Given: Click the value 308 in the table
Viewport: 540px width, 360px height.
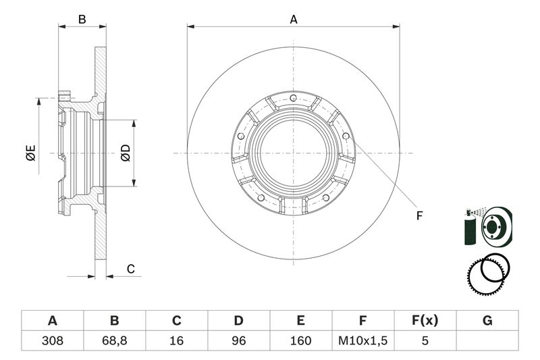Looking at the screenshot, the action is (x=53, y=340).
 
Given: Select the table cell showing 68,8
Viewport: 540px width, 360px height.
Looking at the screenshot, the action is (x=114, y=340).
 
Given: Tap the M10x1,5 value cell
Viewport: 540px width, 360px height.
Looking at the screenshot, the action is (x=363, y=340).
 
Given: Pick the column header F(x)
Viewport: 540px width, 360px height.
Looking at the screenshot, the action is (x=425, y=320).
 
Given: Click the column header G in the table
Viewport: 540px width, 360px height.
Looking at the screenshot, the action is (x=487, y=320).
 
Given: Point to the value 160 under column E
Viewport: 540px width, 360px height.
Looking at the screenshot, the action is (x=300, y=340).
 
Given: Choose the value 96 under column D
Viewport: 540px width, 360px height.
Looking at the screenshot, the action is (x=239, y=340).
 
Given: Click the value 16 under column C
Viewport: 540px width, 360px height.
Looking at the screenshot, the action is (x=176, y=340).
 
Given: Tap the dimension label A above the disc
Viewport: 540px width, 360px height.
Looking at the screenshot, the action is (x=294, y=20).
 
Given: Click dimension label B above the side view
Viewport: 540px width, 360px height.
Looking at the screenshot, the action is (x=82, y=20).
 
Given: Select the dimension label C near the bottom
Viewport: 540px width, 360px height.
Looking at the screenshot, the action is (x=130, y=269).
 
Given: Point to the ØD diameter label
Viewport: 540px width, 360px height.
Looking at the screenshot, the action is (x=126, y=153).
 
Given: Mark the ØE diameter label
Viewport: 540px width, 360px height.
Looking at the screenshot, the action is (x=30, y=153).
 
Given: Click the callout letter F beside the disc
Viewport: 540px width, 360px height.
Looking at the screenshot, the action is (x=419, y=216).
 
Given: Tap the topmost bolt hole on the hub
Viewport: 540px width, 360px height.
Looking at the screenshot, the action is (x=293, y=98).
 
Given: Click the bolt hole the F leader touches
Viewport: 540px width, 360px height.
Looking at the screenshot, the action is (x=346, y=136).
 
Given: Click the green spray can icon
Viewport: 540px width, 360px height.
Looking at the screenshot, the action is (x=470, y=228).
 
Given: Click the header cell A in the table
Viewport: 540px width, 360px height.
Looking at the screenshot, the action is (x=53, y=320).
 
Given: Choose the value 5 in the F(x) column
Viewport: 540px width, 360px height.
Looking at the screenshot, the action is (x=425, y=340).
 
